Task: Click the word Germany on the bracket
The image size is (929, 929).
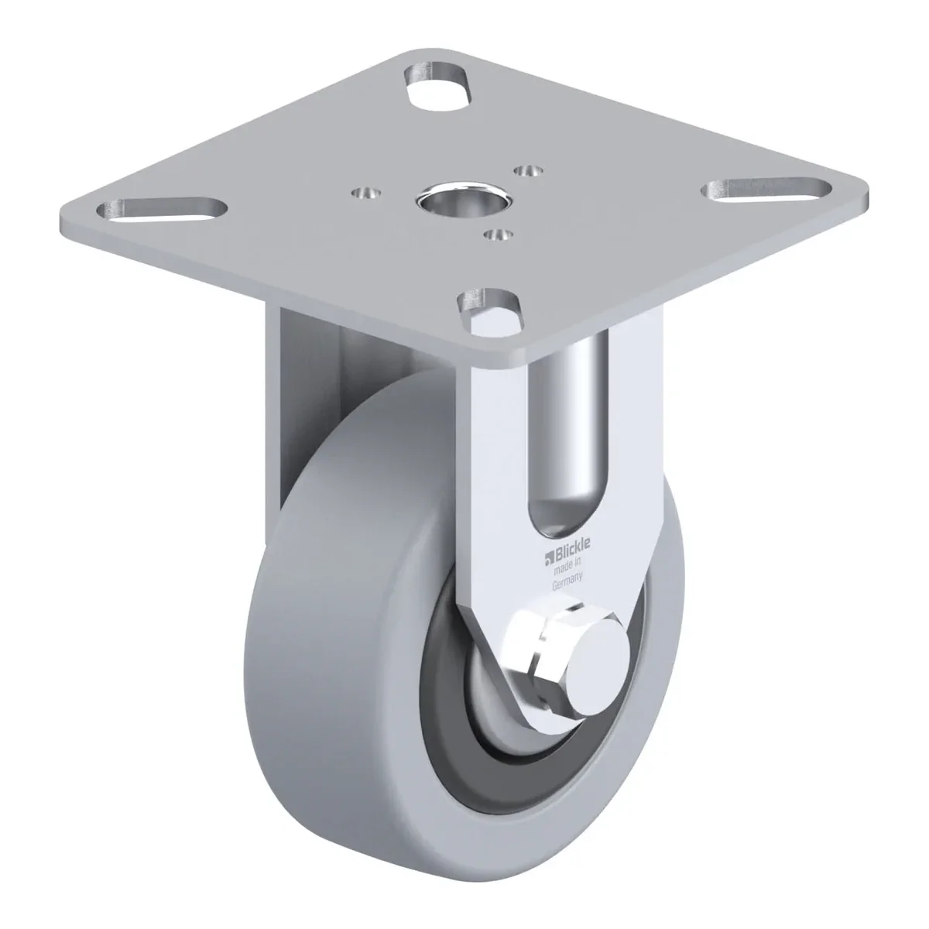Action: [567, 580]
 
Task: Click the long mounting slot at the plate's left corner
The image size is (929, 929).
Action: [162, 209]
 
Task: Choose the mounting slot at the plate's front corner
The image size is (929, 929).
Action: [490, 313]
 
